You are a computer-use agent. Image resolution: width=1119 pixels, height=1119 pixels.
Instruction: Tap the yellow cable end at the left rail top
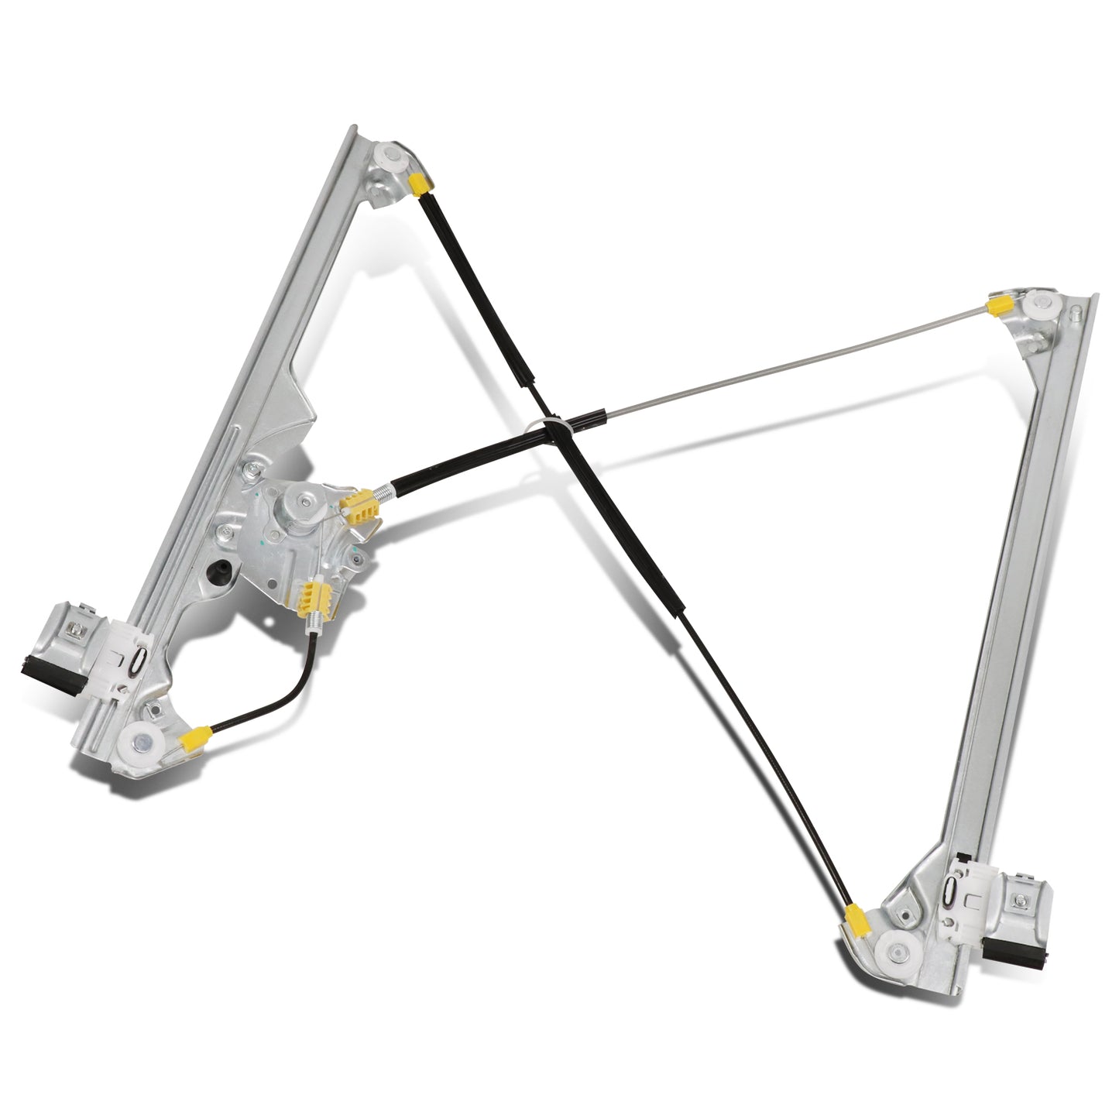[420, 184]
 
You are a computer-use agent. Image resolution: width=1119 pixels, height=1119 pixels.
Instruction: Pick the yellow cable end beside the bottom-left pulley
[193, 740]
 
